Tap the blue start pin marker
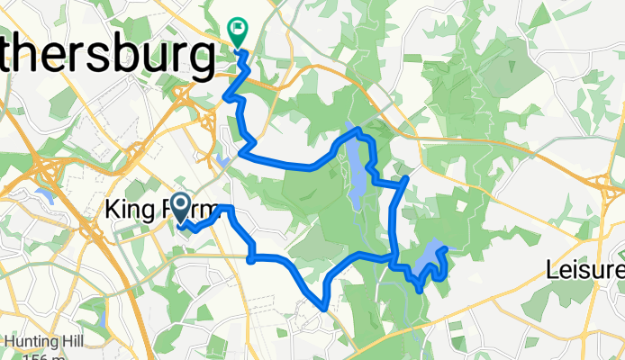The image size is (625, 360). pyautogui.click(x=180, y=209)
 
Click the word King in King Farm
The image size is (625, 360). pyautogui.click(x=128, y=210)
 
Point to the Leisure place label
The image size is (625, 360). pyautogui.click(x=586, y=270)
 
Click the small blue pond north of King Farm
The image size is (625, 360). pyautogui.click(x=222, y=161)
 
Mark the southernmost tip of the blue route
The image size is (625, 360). pyautogui.click(x=323, y=308)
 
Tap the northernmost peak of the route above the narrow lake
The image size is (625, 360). pyautogui.click(x=358, y=131)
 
